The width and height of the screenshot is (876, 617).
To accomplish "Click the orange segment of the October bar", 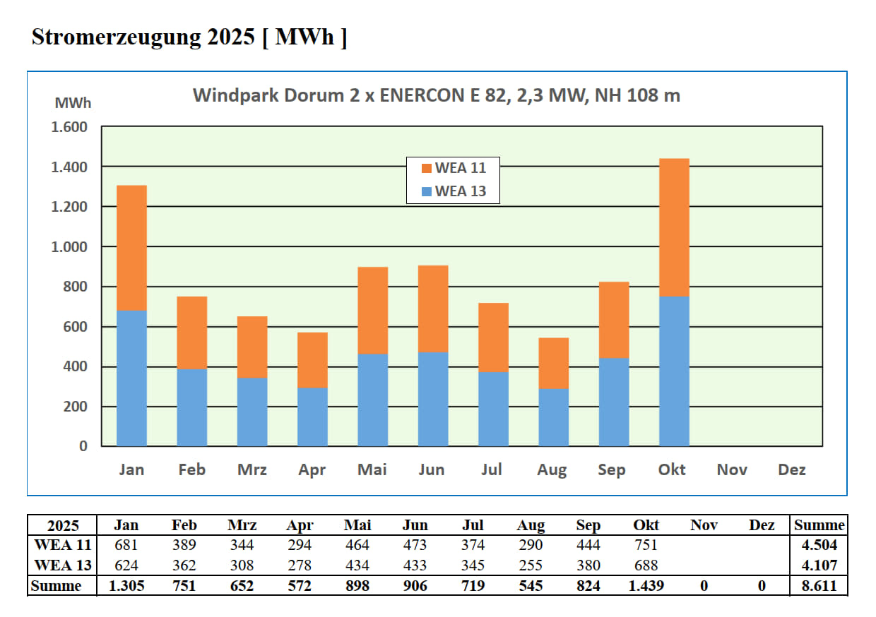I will (674, 227).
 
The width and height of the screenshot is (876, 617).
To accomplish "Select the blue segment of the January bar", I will (131, 378).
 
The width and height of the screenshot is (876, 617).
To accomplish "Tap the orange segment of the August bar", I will (553, 364).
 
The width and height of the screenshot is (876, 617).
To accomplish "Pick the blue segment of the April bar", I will (312, 417).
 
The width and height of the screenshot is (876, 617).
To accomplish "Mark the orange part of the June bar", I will (433, 308).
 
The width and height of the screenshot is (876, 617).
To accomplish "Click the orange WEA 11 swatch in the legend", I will (426, 169).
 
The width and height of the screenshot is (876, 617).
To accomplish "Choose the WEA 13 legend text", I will (461, 191).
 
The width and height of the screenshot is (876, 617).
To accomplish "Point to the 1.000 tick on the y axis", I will (69, 247).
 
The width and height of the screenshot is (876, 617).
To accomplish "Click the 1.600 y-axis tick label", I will (69, 127).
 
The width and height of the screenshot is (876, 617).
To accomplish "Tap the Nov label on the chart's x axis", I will (732, 469).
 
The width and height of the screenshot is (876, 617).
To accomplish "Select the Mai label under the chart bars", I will (372, 469).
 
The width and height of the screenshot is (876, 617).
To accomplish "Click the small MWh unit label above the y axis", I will (73, 103).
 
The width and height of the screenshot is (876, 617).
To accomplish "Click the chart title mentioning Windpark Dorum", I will (437, 95).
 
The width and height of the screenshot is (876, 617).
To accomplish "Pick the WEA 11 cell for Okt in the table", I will (646, 545).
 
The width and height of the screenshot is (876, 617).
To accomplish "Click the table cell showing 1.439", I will (646, 586).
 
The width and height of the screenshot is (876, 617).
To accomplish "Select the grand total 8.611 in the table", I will (819, 586).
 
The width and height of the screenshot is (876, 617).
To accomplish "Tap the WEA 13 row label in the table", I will (63, 565).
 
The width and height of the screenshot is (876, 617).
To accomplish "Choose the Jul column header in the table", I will (473, 525).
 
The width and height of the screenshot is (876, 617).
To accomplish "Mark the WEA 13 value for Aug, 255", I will (530, 565).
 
